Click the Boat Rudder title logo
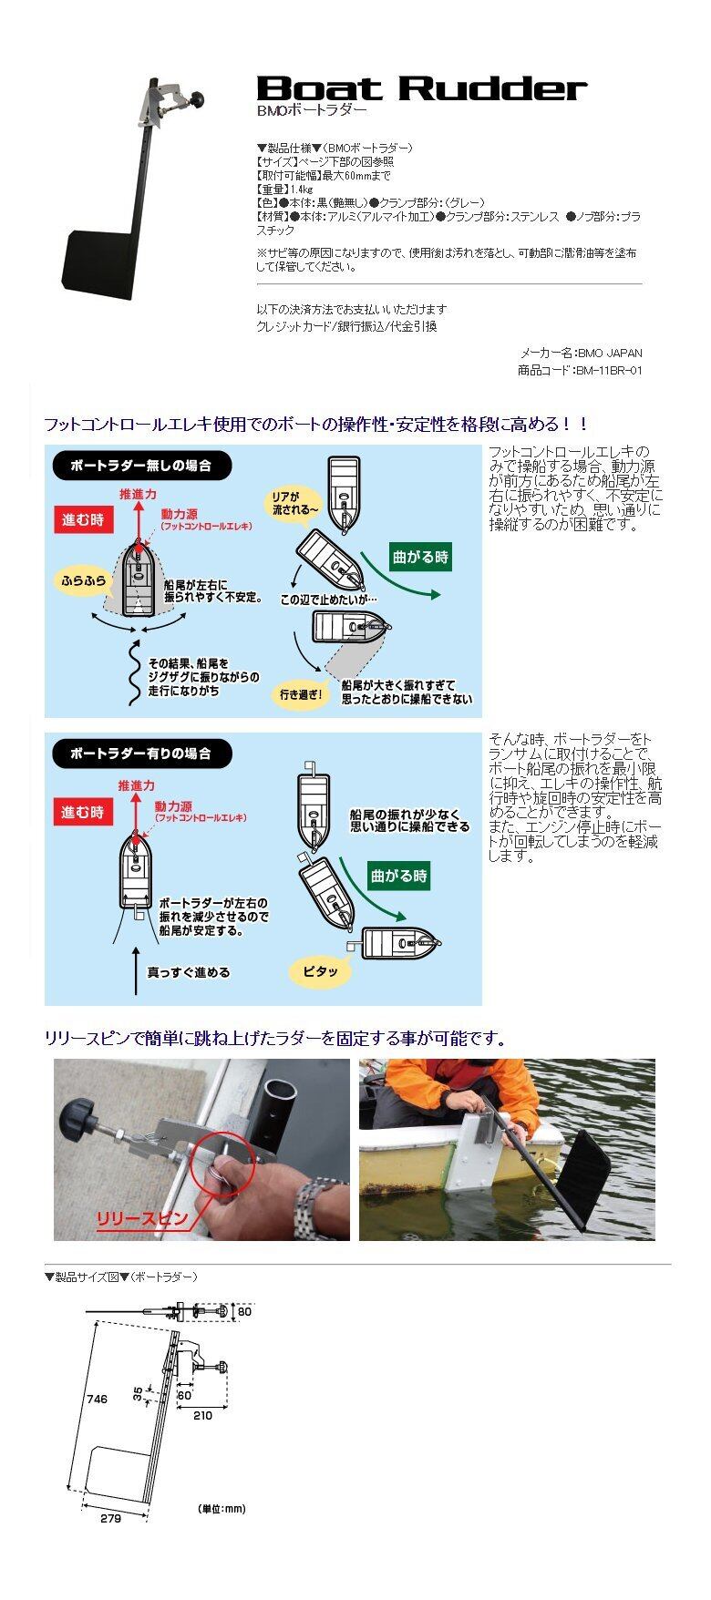point(421,87)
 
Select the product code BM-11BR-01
point(609,371)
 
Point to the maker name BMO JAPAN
point(610,353)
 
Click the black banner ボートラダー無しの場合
point(141,466)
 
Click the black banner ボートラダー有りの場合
point(141,754)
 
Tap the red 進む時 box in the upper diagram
point(83,520)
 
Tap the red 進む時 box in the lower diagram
point(83,812)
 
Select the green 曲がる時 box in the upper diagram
point(420,557)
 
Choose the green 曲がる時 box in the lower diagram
point(398,876)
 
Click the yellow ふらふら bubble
point(83,580)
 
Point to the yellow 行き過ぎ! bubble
point(302,694)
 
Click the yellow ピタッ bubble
point(320,971)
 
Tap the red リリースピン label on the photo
point(142,1218)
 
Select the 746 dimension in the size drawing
point(97,1399)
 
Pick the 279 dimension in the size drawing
point(110,1518)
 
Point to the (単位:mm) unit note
point(222,1509)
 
